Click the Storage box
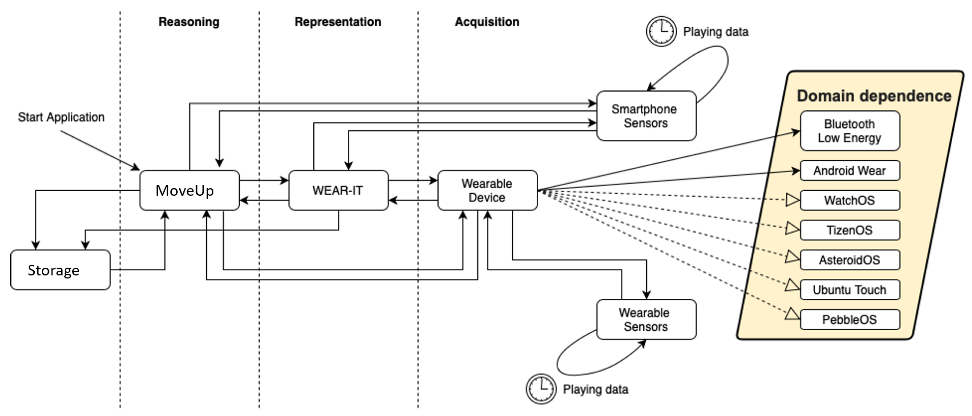(x=60, y=270)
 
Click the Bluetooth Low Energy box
(x=850, y=131)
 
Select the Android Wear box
(x=850, y=170)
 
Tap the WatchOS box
(x=850, y=200)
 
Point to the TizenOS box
(x=850, y=230)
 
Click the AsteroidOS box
(x=850, y=260)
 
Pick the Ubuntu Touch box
(x=850, y=290)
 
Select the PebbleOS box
(x=850, y=319)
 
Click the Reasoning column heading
(x=189, y=22)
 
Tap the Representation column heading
(x=338, y=22)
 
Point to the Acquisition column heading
(x=487, y=22)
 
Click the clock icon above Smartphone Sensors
(x=661, y=31)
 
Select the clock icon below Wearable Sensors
(x=541, y=389)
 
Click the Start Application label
(x=61, y=117)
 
